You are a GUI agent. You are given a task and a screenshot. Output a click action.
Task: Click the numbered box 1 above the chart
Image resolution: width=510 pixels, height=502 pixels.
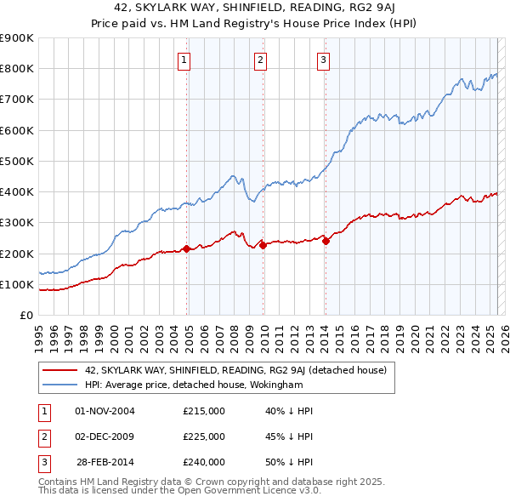[x=184, y=60]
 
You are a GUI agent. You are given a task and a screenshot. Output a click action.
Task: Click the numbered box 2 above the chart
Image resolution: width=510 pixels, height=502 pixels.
[x=259, y=60]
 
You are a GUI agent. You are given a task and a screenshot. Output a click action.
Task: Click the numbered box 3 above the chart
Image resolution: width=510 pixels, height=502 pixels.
[x=324, y=60]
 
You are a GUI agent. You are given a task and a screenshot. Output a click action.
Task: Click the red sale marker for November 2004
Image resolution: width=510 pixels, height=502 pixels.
[x=187, y=248]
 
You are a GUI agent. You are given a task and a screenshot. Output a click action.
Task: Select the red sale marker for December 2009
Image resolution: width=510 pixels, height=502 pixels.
[x=263, y=245]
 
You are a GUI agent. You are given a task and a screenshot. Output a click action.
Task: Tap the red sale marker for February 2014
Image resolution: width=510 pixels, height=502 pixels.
[x=326, y=241]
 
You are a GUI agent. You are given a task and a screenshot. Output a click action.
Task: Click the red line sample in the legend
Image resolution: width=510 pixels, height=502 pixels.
[x=60, y=370]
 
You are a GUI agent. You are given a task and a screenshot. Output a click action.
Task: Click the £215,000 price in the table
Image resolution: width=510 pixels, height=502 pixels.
[x=204, y=411]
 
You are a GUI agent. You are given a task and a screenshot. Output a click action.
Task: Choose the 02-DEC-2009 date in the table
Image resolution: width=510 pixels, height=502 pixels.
[x=105, y=436]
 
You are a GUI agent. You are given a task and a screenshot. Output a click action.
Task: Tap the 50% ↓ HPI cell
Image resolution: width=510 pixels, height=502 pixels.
[x=289, y=462]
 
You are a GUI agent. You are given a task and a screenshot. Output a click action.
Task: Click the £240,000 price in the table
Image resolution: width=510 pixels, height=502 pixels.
[x=204, y=462]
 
